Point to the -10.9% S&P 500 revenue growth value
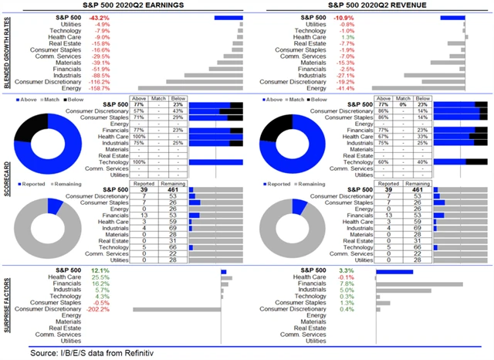(x=321, y=17)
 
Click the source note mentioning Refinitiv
(x=87, y=353)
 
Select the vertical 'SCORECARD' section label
(x=6, y=183)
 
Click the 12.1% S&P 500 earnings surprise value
(x=100, y=271)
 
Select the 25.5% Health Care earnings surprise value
(x=100, y=277)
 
